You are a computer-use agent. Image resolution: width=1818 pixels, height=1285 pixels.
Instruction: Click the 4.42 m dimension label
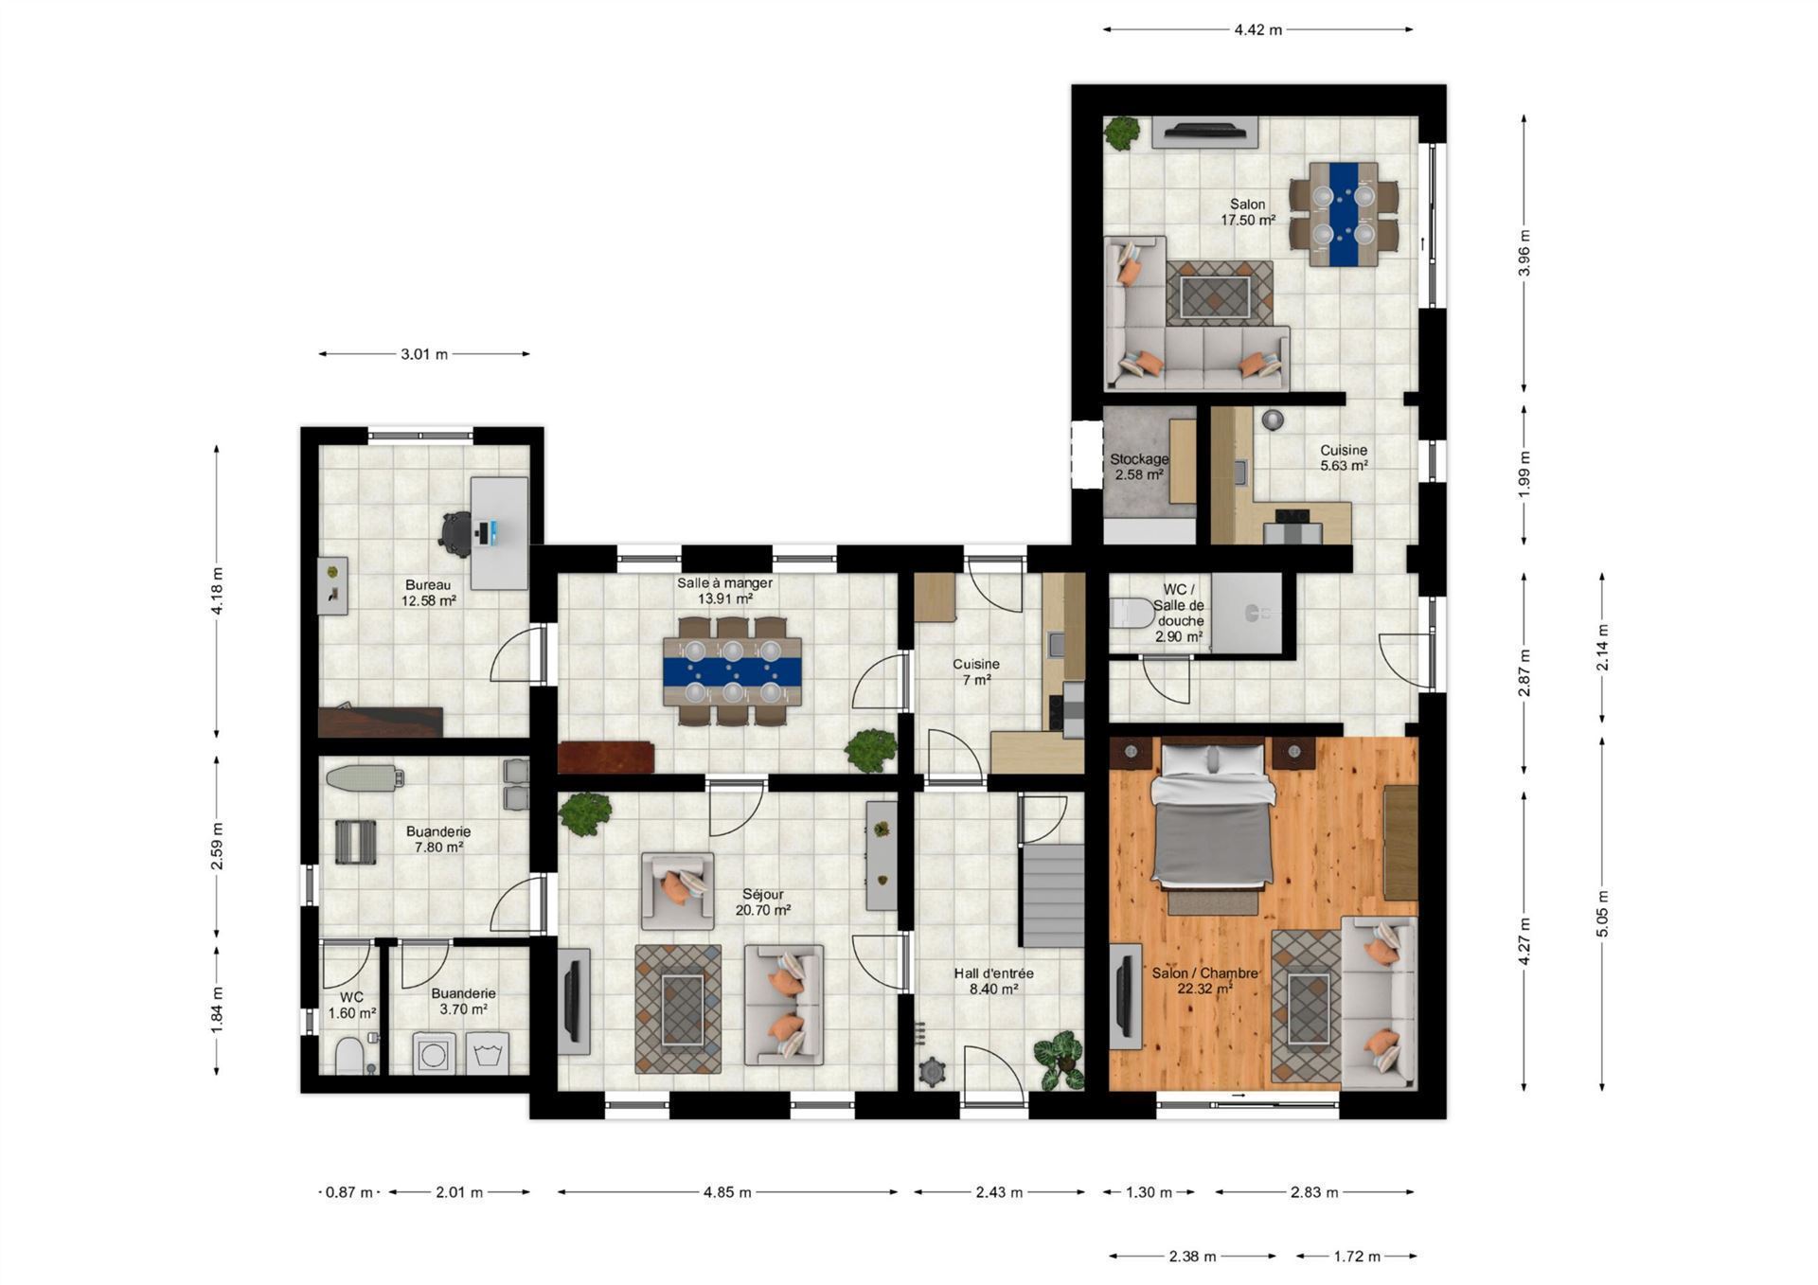click(1257, 29)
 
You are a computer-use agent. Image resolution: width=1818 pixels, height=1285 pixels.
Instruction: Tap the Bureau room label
click(428, 584)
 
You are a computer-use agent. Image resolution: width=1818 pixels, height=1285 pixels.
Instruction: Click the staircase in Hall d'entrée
click(1051, 895)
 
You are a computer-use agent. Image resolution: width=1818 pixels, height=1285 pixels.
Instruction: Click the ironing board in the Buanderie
click(365, 777)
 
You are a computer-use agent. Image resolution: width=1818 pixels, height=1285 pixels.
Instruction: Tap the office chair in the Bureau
click(456, 534)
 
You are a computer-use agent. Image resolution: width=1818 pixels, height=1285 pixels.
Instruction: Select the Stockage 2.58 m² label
click(1139, 467)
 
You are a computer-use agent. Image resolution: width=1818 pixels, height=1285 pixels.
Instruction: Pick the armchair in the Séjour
click(678, 891)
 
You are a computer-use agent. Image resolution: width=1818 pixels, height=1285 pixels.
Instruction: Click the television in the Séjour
click(573, 1001)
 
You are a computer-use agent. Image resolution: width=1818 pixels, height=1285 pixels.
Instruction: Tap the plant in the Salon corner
click(1122, 133)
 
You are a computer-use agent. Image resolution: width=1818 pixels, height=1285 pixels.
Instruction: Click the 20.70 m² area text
click(763, 910)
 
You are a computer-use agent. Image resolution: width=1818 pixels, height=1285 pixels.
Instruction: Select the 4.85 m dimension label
click(727, 1192)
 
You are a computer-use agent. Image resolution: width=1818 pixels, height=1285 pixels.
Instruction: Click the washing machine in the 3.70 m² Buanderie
click(435, 1054)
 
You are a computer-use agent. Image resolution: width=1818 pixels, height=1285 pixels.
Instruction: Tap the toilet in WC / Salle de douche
click(1132, 614)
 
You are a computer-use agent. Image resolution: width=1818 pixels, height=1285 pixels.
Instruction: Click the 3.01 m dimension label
click(424, 354)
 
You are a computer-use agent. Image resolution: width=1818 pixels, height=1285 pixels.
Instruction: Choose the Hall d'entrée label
click(993, 973)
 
